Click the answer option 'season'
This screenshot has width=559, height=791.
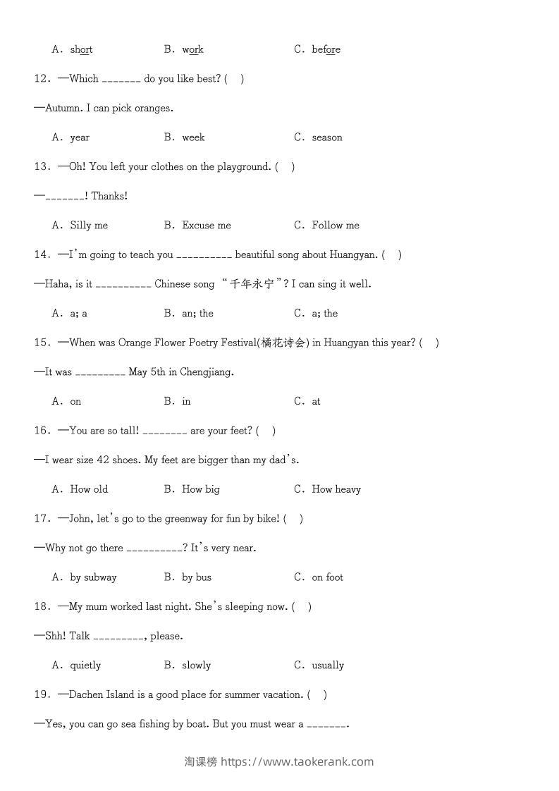327,137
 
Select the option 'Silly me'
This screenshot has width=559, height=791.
89,226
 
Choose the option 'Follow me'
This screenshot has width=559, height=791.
336,226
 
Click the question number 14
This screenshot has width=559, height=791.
41,255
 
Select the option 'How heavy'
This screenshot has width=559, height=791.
336,489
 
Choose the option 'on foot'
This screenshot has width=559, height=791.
328,577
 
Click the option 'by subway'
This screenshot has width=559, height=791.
93,577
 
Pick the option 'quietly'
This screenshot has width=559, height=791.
85,666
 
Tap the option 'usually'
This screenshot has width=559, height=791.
328,666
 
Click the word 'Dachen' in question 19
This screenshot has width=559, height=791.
86,694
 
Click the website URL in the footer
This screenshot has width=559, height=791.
297,761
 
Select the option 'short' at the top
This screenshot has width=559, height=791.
81,49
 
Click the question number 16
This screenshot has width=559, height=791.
41,430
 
